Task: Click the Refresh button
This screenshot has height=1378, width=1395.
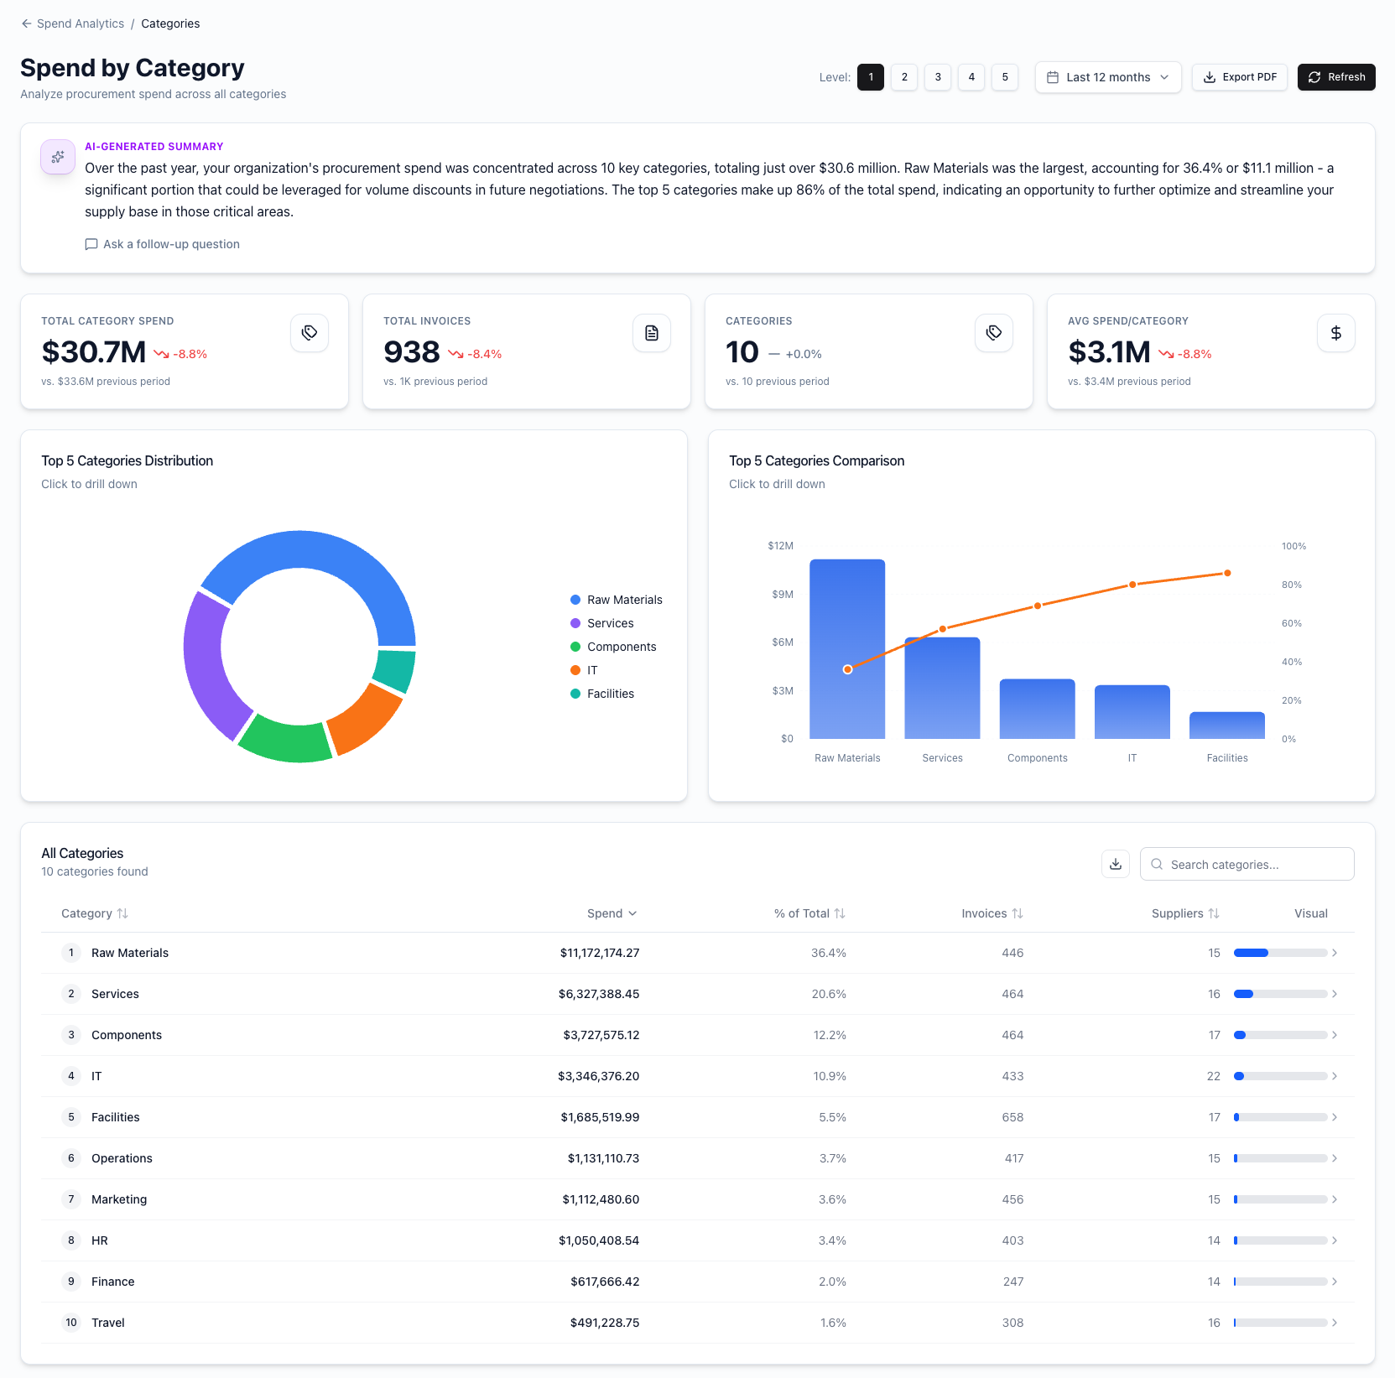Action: pos(1335,77)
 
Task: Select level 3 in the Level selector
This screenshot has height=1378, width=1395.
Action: pos(937,77)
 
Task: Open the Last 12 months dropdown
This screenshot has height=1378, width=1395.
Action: pos(1107,77)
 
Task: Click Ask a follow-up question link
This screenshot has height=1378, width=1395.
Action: pos(163,244)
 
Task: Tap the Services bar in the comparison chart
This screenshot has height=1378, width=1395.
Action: pos(942,688)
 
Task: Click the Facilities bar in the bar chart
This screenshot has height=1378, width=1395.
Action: pos(1226,725)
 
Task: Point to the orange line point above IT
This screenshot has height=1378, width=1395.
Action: pos(1132,585)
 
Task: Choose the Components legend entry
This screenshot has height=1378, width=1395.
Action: pos(621,647)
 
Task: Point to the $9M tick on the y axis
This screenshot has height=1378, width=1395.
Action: pos(782,595)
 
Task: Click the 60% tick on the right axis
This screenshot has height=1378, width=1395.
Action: pos(1291,623)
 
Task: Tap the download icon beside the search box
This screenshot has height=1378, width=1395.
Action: pos(1115,865)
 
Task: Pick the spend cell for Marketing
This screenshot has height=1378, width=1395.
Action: pos(600,1199)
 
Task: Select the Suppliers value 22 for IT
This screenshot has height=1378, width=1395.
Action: pos(1213,1076)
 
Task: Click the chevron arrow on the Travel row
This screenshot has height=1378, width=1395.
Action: pos(1334,1323)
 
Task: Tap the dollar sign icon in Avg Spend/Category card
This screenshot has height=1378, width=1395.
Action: pos(1335,333)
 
